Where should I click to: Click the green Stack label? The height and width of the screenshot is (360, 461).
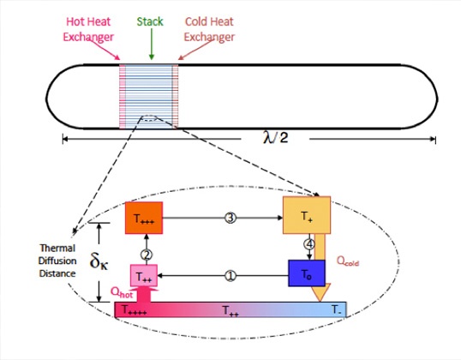tap(150, 21)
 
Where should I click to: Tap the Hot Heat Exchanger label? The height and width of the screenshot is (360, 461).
tap(88, 29)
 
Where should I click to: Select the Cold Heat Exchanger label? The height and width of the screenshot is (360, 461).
tap(209, 29)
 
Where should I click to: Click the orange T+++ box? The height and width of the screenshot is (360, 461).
tap(144, 218)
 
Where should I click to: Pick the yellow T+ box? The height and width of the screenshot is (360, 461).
tap(307, 215)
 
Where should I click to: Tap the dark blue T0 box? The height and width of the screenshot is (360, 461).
tap(307, 273)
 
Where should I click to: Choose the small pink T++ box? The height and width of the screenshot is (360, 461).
tap(144, 276)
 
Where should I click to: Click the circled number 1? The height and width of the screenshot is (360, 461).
tap(230, 276)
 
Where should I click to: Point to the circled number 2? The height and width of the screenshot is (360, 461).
tap(147, 255)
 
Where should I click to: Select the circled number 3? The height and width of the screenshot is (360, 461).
tap(230, 218)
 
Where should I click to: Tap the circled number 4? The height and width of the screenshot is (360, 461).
tap(309, 244)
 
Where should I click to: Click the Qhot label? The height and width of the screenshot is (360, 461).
tap(122, 292)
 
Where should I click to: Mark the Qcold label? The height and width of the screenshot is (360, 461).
tap(348, 261)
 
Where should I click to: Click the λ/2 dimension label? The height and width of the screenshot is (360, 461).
tap(275, 137)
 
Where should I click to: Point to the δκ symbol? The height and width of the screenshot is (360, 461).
tap(99, 261)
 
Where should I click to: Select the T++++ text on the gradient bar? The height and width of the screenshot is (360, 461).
tap(134, 310)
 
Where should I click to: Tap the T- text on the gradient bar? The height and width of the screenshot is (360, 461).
tap(337, 309)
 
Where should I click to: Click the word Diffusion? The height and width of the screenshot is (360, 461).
tap(57, 261)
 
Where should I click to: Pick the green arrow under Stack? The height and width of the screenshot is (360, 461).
tap(152, 44)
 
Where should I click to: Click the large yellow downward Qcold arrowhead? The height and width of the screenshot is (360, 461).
tap(320, 292)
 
